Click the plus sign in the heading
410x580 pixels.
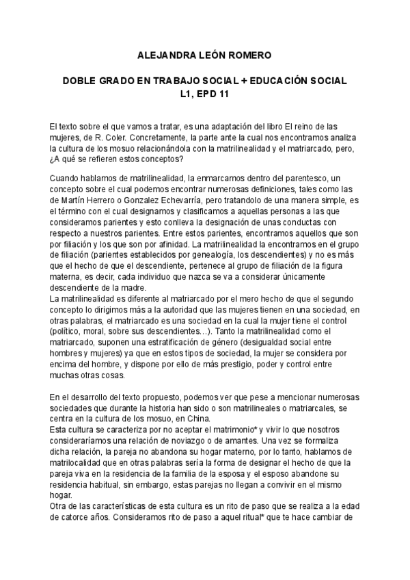click(x=232, y=81)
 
